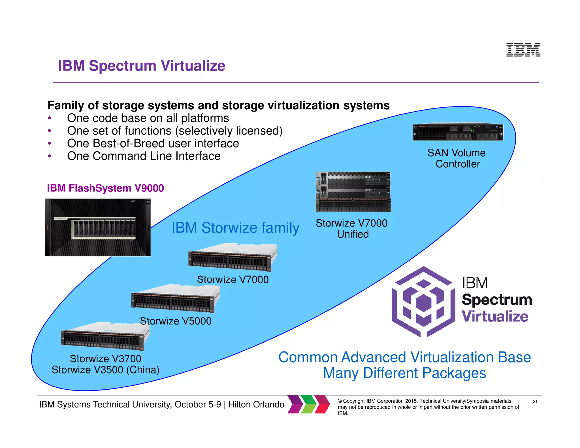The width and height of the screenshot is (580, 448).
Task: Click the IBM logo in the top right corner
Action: pyautogui.click(x=523, y=50)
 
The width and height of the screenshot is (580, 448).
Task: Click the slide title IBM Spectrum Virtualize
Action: pyautogui.click(x=142, y=66)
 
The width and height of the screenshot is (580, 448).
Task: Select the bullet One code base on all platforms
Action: pyautogui.click(x=148, y=118)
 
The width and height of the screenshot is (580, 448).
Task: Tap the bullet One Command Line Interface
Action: pyautogui.click(x=144, y=156)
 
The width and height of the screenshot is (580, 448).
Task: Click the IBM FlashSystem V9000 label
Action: pyautogui.click(x=105, y=188)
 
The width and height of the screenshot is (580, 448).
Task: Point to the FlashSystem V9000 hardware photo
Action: pyautogui.click(x=98, y=227)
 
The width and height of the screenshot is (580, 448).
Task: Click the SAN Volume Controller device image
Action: pyautogui.click(x=458, y=132)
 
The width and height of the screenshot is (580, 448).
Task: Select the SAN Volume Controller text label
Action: pyautogui.click(x=457, y=158)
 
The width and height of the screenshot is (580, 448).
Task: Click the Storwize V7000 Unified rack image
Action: pyautogui.click(x=353, y=192)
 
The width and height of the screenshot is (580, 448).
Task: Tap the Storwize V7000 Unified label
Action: pyautogui.click(x=352, y=229)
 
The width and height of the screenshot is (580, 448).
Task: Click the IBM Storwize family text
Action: pyautogui.click(x=235, y=228)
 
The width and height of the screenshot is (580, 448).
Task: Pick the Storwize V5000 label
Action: pyautogui.click(x=176, y=321)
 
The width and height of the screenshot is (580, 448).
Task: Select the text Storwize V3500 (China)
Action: pyautogui.click(x=105, y=370)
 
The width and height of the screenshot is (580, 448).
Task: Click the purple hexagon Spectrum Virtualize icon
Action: pyautogui.click(x=423, y=302)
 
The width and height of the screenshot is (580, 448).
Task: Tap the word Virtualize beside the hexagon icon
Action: pyautogui.click(x=495, y=316)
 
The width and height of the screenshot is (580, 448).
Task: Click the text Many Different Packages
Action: pyautogui.click(x=404, y=373)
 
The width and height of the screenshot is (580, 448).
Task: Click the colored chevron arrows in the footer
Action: pyautogui.click(x=309, y=404)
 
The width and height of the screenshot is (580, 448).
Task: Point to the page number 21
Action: pyautogui.click(x=535, y=401)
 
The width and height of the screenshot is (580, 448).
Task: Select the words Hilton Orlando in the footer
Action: pyautogui.click(x=256, y=404)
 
